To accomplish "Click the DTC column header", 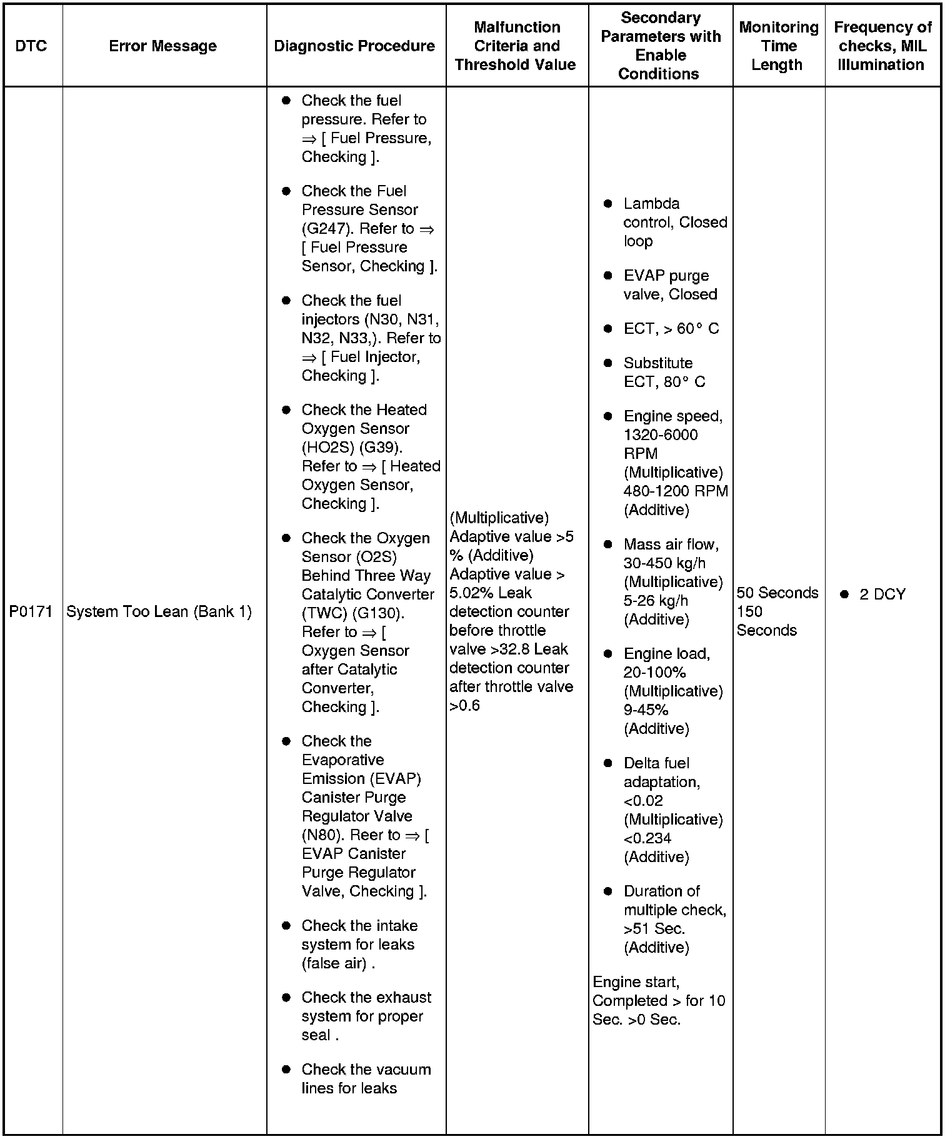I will point(31,46).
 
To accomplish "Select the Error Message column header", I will point(162,46).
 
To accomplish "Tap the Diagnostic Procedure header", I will point(354,46).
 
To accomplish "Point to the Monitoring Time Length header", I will point(778,46).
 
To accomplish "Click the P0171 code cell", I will point(31,611).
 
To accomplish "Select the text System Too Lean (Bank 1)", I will point(159,611).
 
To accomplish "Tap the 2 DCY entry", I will point(882,595).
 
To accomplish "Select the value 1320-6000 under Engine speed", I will point(661,435).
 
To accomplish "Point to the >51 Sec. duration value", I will point(654,929).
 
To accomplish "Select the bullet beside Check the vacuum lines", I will point(286,1070).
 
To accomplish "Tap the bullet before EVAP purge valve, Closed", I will point(607,276).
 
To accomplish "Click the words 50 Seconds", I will point(777,593).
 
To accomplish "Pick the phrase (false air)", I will point(334,963).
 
